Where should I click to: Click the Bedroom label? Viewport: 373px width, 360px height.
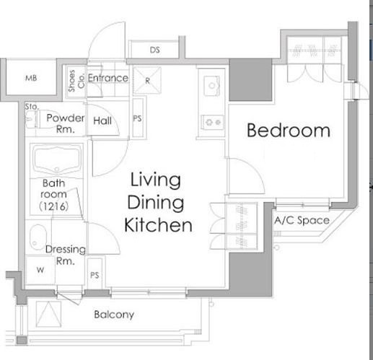tap(289, 131)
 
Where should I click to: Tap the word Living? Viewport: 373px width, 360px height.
tap(155, 180)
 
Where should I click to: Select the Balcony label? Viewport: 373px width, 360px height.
tap(114, 315)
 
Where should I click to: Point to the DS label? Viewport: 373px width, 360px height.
tap(154, 50)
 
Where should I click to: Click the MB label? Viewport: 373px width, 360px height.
tap(31, 78)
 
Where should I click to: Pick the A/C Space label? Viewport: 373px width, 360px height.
tap(302, 221)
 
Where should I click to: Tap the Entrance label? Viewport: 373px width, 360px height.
tap(108, 78)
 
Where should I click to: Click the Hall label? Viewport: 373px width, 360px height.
tap(102, 120)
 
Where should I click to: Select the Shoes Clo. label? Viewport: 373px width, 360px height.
tap(76, 81)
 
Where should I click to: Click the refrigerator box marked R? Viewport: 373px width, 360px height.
tap(147, 81)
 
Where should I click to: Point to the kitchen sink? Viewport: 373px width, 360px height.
tap(211, 86)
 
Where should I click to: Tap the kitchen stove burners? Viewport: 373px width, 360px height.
tap(212, 123)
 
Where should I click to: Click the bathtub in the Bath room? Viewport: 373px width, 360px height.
tap(57, 159)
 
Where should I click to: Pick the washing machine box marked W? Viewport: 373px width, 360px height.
tap(40, 270)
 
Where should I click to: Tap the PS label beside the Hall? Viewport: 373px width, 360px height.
tap(137, 118)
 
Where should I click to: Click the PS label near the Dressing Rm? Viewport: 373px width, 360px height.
tap(95, 275)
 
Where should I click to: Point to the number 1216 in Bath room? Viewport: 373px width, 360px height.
tap(54, 206)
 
